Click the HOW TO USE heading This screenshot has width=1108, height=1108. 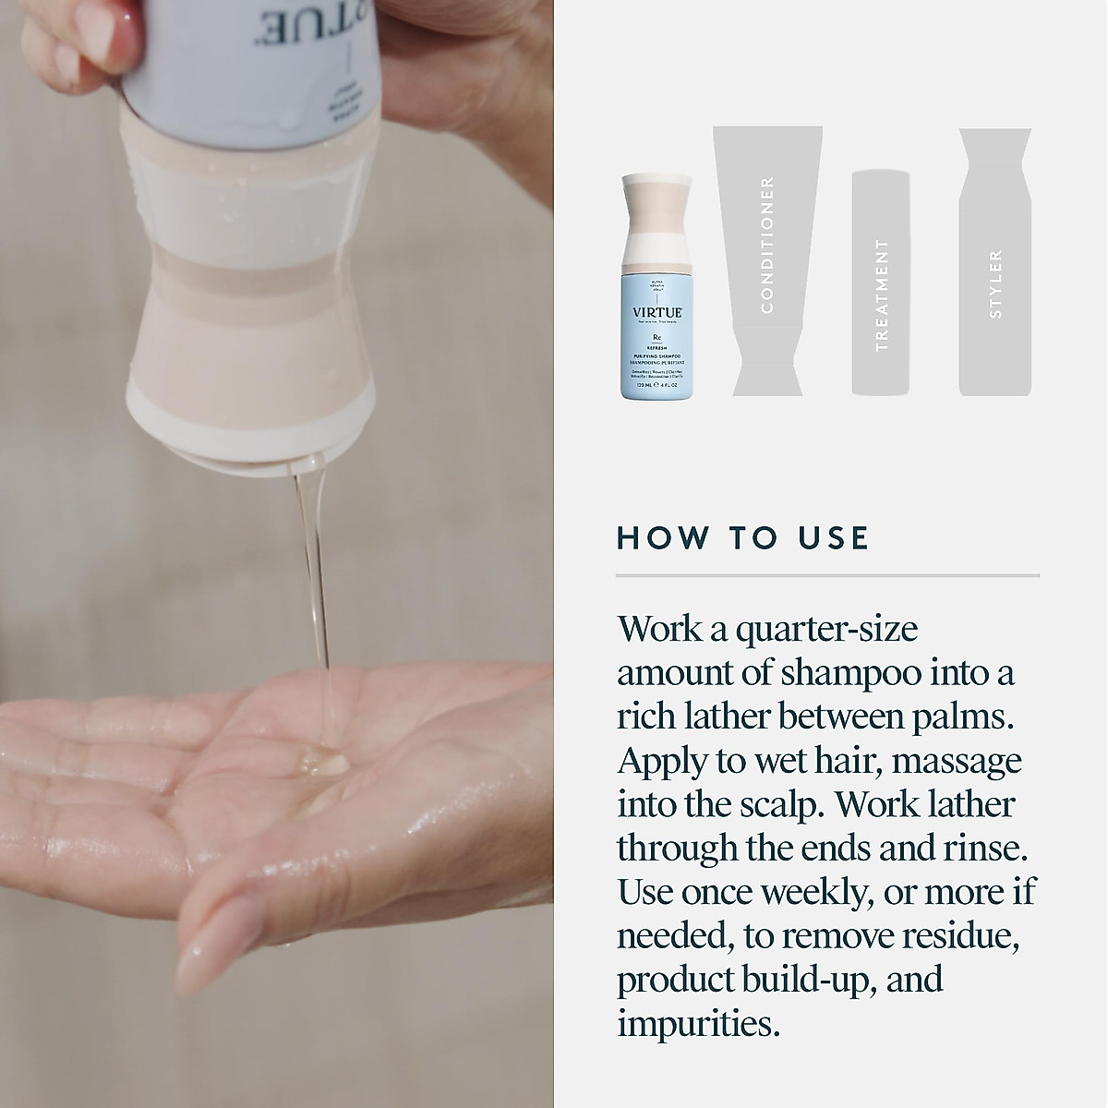pos(742,538)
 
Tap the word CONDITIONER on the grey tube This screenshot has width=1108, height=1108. pos(766,245)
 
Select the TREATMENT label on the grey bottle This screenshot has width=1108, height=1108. pos(882,295)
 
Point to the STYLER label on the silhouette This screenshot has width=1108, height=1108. pos(994,283)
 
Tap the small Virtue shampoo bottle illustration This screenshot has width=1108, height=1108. pos(656,286)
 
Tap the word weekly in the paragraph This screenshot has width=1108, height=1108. pos(800,892)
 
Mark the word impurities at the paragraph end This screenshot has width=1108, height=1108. pos(698,1023)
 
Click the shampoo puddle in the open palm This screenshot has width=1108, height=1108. pos(323,762)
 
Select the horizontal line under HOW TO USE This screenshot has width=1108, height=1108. pos(827,576)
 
